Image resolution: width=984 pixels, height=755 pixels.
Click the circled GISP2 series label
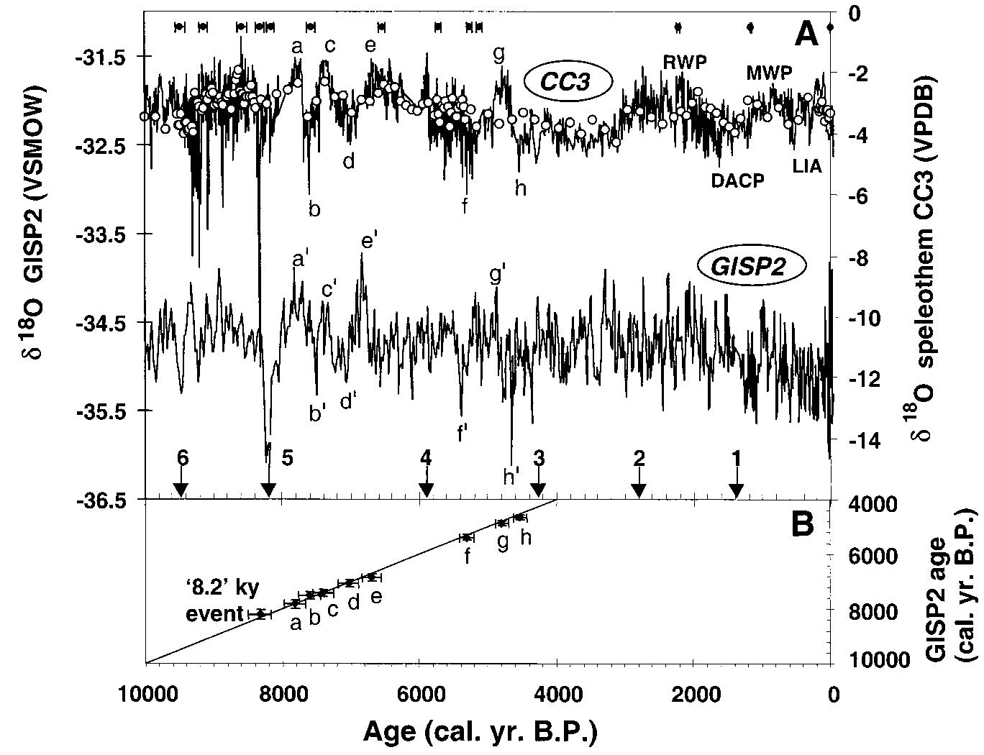(750, 266)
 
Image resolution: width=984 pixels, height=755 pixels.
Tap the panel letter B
(802, 524)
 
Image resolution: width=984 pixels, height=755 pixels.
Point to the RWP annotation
(684, 62)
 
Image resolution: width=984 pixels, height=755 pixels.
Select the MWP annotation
(768, 73)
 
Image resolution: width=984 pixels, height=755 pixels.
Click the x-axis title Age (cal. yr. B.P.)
(480, 732)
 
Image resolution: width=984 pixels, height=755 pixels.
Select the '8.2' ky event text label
(214, 600)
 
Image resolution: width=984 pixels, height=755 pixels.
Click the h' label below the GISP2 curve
(511, 476)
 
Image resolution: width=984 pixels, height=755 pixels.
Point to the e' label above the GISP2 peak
(370, 241)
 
